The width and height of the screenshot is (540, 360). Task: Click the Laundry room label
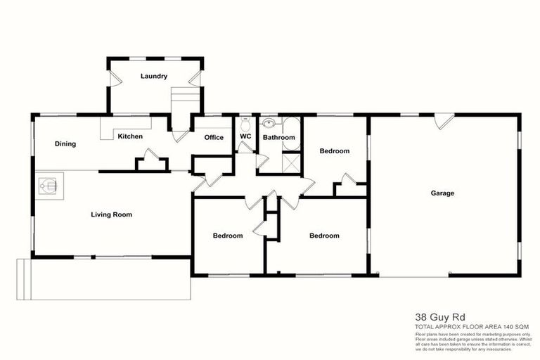click(x=153, y=76)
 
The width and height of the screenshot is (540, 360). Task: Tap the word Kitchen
click(x=130, y=136)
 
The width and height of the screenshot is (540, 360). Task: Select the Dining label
click(x=65, y=144)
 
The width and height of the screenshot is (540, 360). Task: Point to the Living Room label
click(x=112, y=214)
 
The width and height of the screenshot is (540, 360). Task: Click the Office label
click(x=214, y=137)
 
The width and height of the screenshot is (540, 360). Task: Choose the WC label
click(x=245, y=136)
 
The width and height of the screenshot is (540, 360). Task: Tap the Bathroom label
click(x=279, y=137)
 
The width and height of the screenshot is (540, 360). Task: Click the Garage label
click(x=443, y=193)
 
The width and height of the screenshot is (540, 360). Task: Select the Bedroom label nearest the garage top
click(x=334, y=151)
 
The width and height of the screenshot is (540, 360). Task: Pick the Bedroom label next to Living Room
click(x=228, y=236)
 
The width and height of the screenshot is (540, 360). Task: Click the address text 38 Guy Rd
click(x=433, y=318)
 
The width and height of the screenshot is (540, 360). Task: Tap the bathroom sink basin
click(x=269, y=124)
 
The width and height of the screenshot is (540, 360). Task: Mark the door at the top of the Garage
click(x=443, y=121)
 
